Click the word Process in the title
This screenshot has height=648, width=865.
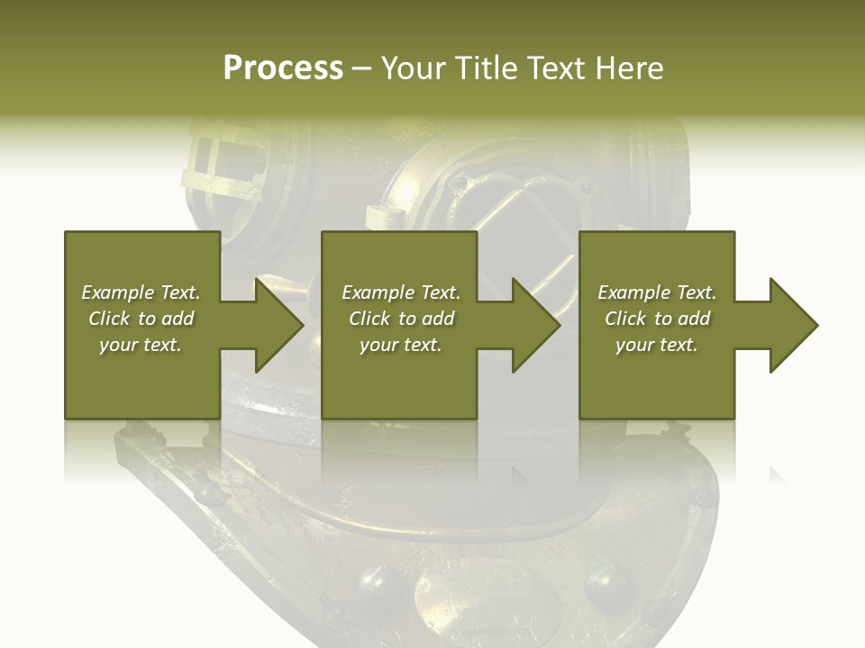click(x=283, y=68)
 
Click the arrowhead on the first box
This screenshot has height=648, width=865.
click(x=273, y=325)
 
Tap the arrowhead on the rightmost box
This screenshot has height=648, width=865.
click(x=788, y=325)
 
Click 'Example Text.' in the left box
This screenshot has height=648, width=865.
click(x=141, y=292)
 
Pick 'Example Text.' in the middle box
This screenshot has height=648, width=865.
click(x=401, y=292)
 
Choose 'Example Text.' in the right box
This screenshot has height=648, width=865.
click(x=657, y=292)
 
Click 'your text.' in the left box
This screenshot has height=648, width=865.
click(x=141, y=345)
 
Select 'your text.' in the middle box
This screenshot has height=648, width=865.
click(x=401, y=345)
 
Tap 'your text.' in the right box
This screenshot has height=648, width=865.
click(x=657, y=345)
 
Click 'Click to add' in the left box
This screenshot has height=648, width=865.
click(x=141, y=319)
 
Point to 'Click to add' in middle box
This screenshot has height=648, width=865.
click(x=401, y=319)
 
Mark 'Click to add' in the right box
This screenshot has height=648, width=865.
click(x=657, y=319)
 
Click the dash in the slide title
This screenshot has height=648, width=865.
click(x=361, y=69)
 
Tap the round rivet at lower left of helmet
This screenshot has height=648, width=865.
click(x=379, y=583)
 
